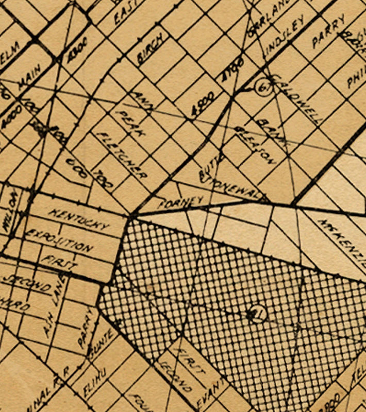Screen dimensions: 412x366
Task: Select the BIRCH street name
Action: click(151, 48)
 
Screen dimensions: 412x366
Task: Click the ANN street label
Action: click(140, 99)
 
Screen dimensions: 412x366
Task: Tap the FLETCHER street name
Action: click(122, 154)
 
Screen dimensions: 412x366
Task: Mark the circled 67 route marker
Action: click(263, 88)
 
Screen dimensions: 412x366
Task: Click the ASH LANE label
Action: click(55, 304)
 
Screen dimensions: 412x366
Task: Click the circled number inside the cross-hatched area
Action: click(256, 313)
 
